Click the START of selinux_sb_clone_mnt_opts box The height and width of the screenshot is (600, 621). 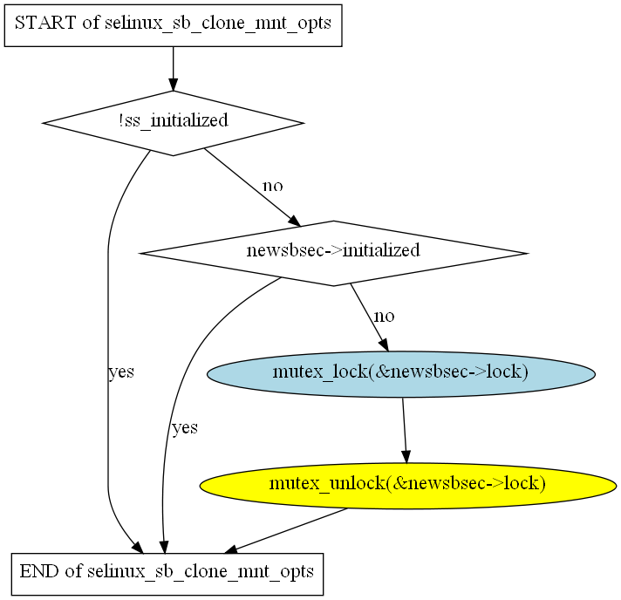coord(173,24)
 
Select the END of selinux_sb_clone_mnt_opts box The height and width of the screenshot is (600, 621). coord(166,573)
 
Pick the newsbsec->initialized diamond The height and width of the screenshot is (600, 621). coord(333,252)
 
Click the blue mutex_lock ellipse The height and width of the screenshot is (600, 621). coord(401,373)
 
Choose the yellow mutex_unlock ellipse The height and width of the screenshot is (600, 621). coord(407,483)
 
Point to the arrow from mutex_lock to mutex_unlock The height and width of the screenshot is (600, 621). coord(404,429)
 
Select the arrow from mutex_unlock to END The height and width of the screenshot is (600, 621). coord(288,529)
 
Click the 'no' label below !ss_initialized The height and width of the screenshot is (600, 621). coord(273,186)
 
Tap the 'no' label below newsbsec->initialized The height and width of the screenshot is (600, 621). coord(384,315)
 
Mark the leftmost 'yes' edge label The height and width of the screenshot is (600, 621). coord(120,372)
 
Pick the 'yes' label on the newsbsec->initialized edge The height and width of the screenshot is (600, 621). coord(184,427)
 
